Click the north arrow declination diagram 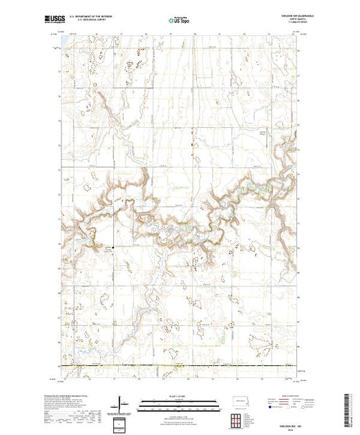[x=121, y=403]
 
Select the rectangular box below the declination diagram [x=121, y=423]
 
